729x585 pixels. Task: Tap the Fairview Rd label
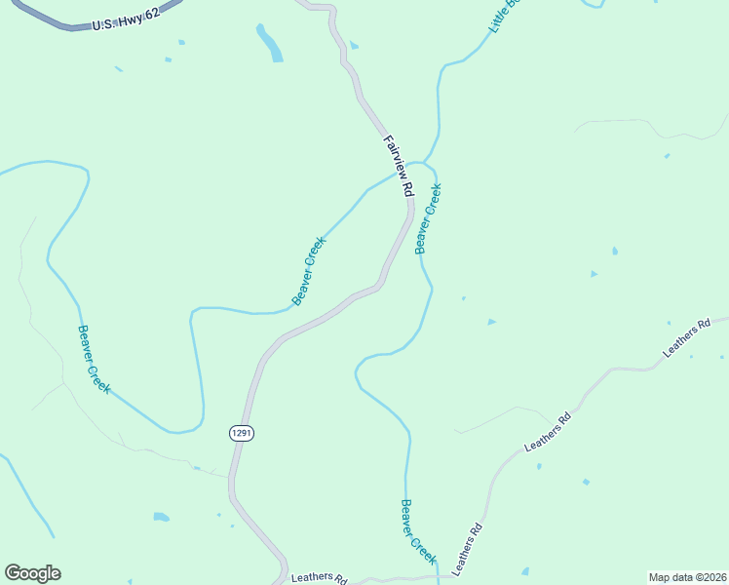click(x=399, y=168)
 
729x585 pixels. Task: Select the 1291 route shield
click(x=243, y=432)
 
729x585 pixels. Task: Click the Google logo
click(x=32, y=573)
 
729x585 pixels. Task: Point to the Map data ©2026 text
click(x=687, y=577)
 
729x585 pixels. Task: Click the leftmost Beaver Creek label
click(x=94, y=359)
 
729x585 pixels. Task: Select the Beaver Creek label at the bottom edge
click(x=417, y=532)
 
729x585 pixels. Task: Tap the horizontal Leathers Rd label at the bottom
click(x=319, y=578)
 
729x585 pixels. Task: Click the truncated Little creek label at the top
click(x=508, y=17)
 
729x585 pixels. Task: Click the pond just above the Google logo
click(x=161, y=516)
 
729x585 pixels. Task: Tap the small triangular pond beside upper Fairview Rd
click(x=354, y=45)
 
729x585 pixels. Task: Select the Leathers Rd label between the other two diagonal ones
click(x=547, y=433)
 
